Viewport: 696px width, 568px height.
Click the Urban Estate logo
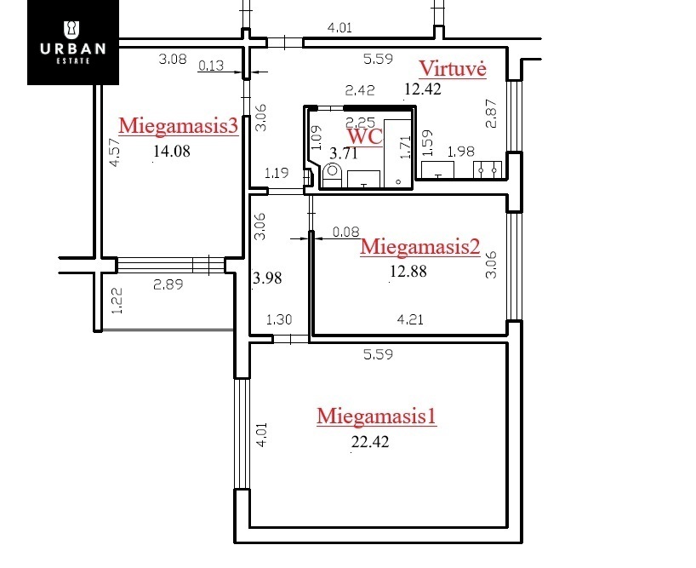coord(73,43)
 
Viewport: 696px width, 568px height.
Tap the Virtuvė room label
coord(453,69)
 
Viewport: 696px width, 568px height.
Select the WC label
coord(364,136)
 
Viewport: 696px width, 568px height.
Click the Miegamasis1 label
coord(376,416)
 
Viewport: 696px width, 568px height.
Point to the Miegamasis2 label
coord(420,247)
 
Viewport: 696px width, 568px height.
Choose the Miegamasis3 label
coord(179,126)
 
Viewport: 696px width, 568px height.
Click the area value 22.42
coord(370,442)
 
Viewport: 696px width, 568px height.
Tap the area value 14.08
coord(172,151)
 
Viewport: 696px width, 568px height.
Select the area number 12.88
coord(408,271)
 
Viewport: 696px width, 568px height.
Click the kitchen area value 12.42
coord(423,89)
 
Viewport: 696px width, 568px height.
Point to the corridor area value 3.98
coord(267,278)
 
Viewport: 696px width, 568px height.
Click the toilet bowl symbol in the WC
coord(332,175)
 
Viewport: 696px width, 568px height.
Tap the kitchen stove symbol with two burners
coord(488,169)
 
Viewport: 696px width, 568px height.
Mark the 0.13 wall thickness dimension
coord(211,66)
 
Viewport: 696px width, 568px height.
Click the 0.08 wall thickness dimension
coord(345,232)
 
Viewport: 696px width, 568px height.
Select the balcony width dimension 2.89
coord(168,284)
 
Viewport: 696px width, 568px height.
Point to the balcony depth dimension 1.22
coord(117,301)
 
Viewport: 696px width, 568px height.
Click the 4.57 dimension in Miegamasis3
coord(115,152)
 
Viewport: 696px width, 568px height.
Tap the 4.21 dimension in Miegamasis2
coord(410,319)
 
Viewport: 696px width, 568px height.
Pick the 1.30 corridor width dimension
coord(279,319)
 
